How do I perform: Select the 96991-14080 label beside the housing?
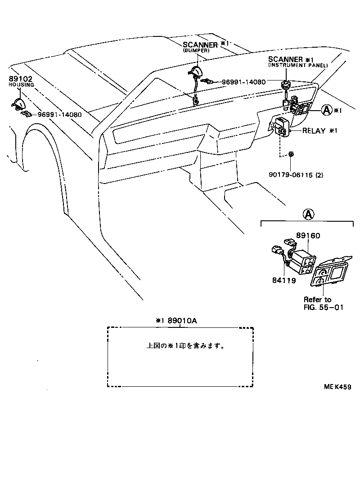point(59,115)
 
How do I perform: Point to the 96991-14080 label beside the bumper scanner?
point(243,82)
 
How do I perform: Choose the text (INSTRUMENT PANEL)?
point(298,66)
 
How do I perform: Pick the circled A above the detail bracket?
point(308,215)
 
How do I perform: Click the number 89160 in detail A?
point(308,236)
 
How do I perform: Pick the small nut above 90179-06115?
point(291,154)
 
